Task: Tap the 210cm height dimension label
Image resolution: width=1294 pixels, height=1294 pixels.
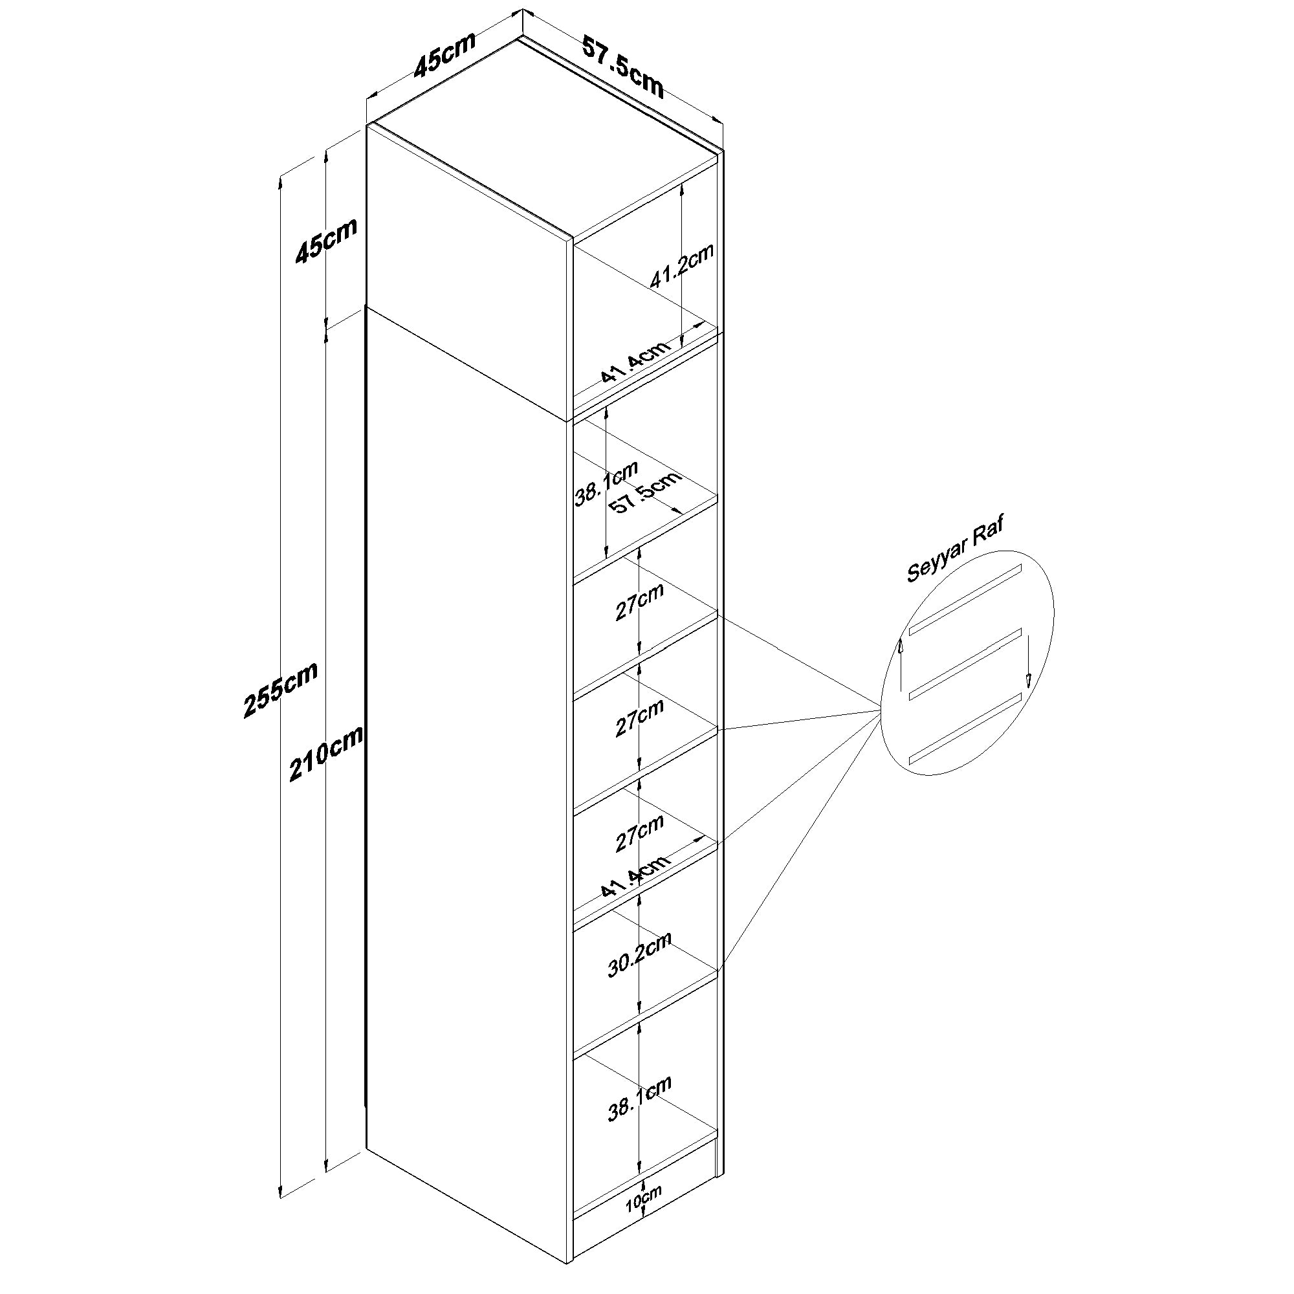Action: pyautogui.click(x=326, y=754)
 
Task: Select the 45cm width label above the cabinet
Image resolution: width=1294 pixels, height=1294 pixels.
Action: pyautogui.click(x=444, y=54)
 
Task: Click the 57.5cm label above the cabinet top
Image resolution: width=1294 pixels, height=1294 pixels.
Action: pyautogui.click(x=623, y=67)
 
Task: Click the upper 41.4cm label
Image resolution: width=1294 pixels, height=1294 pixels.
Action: pyautogui.click(x=634, y=362)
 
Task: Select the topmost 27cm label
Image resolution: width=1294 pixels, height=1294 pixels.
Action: pyautogui.click(x=640, y=602)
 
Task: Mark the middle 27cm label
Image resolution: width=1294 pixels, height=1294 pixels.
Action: pyautogui.click(x=640, y=718)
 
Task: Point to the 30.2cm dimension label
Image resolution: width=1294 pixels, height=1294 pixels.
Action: pyautogui.click(x=640, y=954)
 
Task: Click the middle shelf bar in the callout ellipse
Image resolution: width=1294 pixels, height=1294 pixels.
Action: pyautogui.click(x=965, y=663)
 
